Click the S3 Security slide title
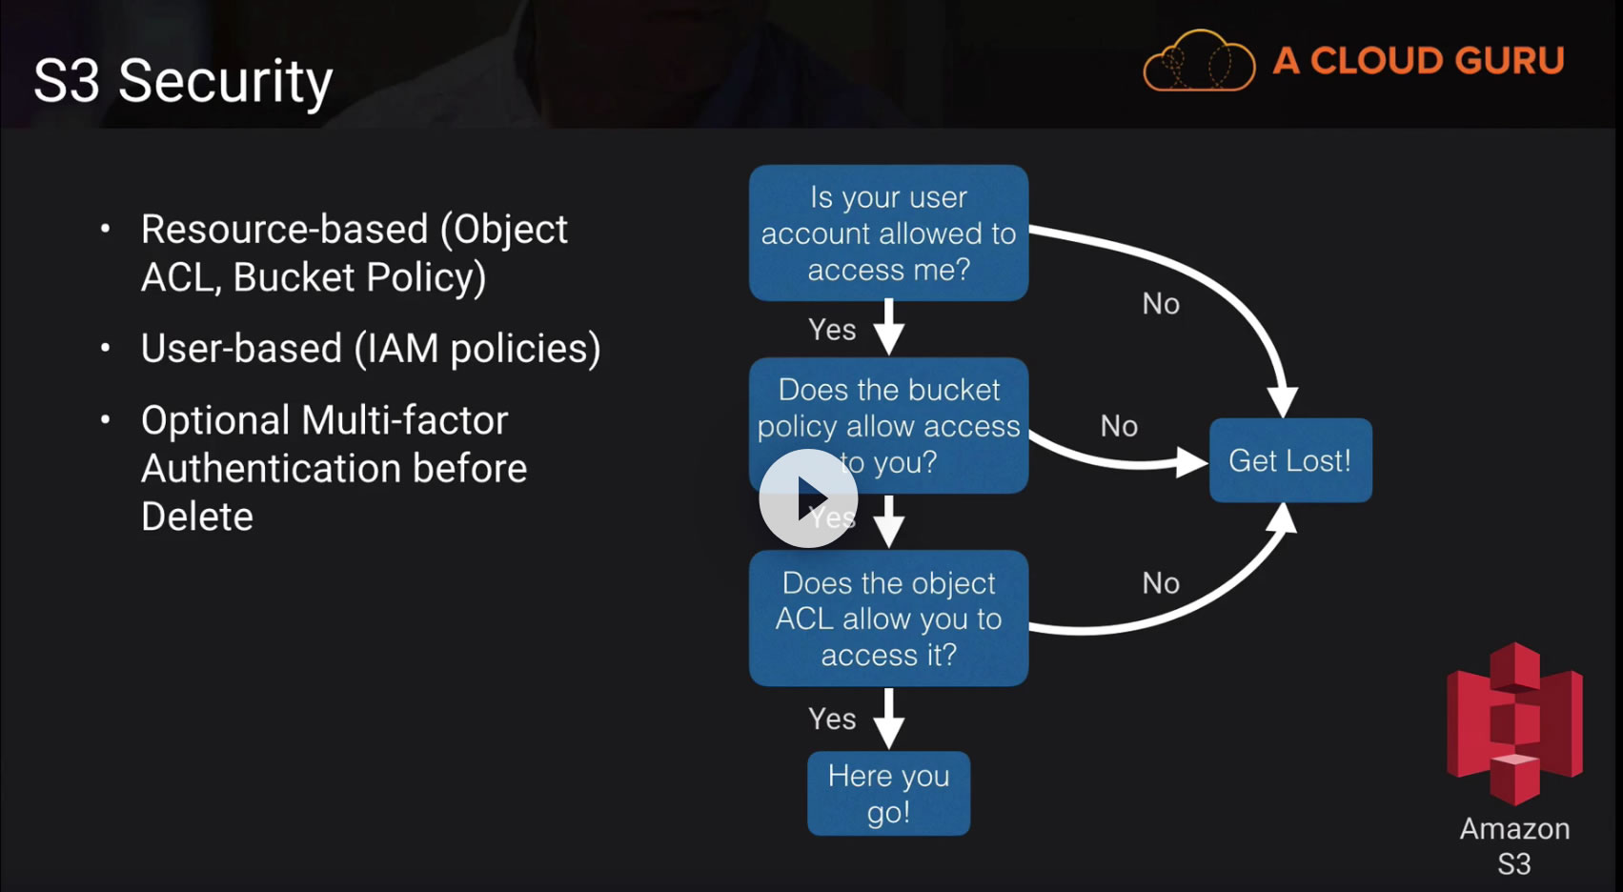coord(183,81)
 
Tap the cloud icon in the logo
coord(1199,62)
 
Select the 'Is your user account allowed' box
coord(888,233)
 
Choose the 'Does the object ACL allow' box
coord(888,618)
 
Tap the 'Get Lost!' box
coord(1289,460)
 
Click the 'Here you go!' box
coord(888,794)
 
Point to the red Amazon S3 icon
coord(1514,723)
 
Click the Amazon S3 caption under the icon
coord(1514,845)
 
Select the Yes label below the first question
coord(832,330)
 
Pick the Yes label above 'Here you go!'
coord(832,719)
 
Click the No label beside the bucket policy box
coord(1119,426)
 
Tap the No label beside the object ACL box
coord(1161,583)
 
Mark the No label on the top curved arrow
coord(1161,304)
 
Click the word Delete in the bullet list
coord(197,517)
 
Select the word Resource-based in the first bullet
coord(284,230)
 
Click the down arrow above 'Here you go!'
coord(888,719)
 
